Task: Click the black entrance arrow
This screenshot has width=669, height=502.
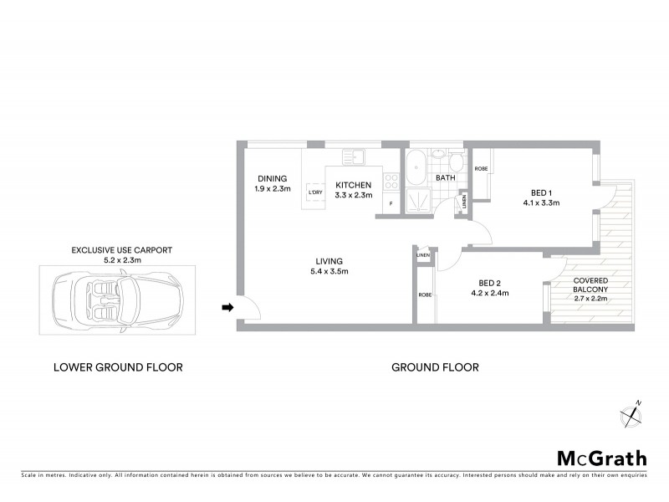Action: tap(226, 308)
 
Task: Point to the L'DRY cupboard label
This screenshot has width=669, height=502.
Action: tap(315, 193)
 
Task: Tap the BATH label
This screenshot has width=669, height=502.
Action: tap(445, 178)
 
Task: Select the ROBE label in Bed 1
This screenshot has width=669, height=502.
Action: tap(481, 169)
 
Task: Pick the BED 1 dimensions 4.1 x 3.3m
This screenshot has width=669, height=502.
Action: tap(541, 202)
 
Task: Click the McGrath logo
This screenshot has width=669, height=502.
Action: tap(601, 458)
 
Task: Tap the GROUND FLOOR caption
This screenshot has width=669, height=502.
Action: tap(435, 367)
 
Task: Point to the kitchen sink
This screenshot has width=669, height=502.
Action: tap(352, 156)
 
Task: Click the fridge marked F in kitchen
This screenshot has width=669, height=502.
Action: tap(390, 203)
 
